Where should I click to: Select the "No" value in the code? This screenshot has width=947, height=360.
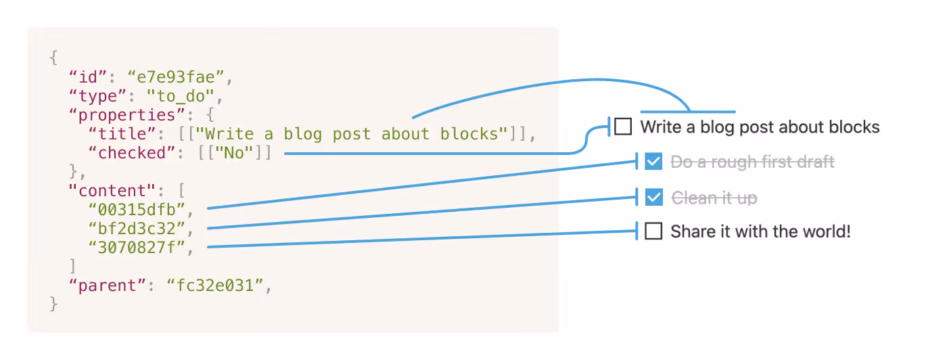pos(234,153)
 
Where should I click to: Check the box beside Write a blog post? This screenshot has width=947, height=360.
pos(623,127)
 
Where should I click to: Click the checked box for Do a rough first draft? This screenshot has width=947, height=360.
pos(653,162)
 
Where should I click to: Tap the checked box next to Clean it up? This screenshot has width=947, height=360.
pos(653,198)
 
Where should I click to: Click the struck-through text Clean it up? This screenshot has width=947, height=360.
pos(714,198)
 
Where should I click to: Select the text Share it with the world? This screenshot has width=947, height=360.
pos(760,232)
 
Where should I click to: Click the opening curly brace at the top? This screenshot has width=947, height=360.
pos(54,58)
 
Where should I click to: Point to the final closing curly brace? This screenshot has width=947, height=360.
pos(54,305)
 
